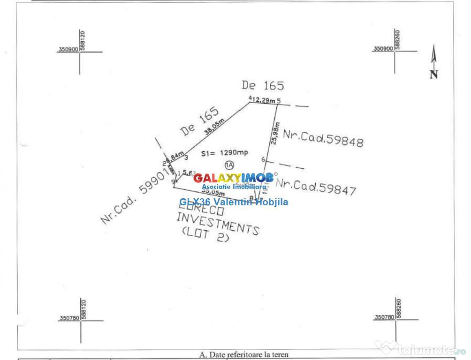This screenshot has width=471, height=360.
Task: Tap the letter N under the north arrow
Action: click(434, 74)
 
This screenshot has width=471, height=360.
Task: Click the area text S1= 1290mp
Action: click(218, 153)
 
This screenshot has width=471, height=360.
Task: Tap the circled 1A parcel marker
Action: click(229, 165)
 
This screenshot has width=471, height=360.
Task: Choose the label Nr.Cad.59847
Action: click(316, 186)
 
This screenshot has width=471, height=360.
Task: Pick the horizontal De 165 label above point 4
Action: click(263, 85)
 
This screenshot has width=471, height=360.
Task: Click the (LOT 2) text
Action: click(205, 235)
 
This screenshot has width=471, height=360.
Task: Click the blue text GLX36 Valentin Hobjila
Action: click(234, 202)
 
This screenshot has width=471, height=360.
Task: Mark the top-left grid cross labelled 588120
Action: click(80, 52)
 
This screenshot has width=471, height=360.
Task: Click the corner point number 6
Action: click(263, 160)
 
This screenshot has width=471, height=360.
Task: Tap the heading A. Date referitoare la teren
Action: click(244, 355)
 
